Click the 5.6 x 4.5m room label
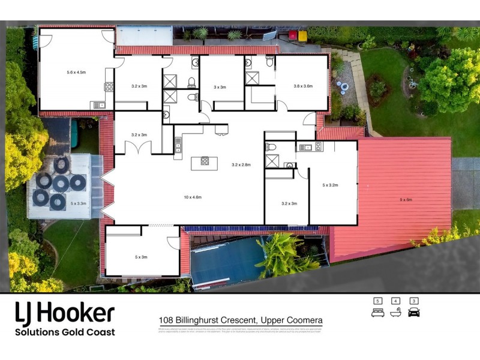point(76,72)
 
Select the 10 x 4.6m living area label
point(192,197)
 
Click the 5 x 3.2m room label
point(331,185)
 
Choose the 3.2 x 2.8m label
point(241,164)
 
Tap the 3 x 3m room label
point(220,87)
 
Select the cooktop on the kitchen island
point(204,161)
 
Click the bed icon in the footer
point(377,313)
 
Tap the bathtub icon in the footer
point(395,313)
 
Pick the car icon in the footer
point(414,313)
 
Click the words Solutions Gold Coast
point(65,332)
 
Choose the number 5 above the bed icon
point(377,301)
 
